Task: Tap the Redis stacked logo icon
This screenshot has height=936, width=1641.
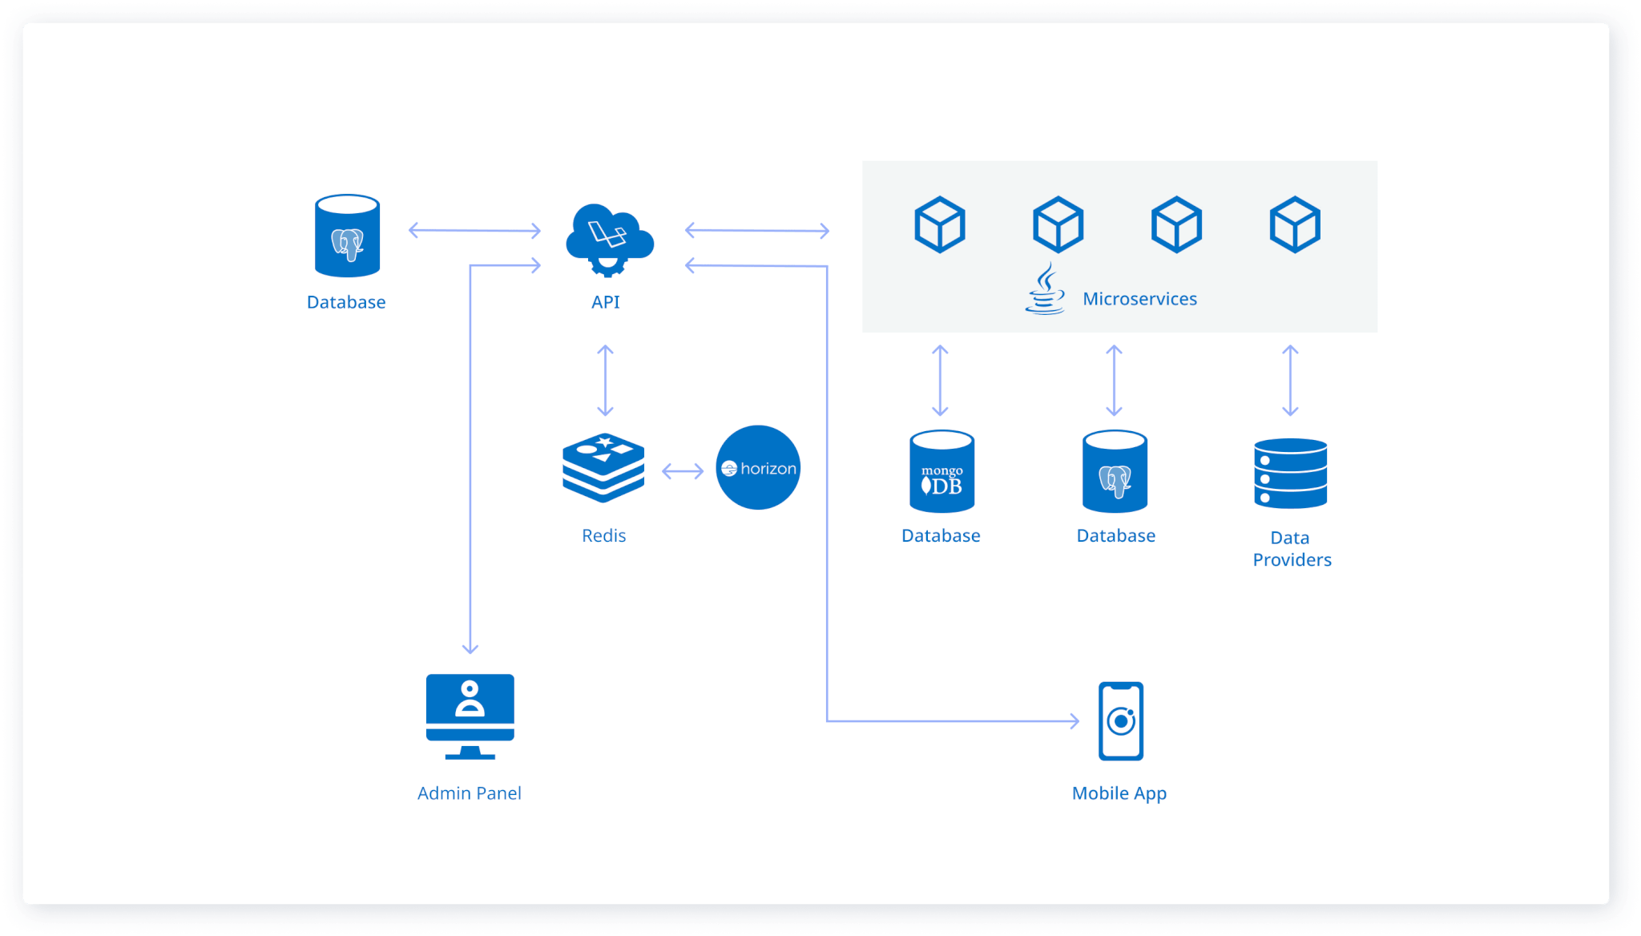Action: coord(603,468)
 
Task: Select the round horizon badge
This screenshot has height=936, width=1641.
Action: coord(758,468)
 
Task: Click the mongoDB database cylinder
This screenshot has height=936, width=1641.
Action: coord(941,472)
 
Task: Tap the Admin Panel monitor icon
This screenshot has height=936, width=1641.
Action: coord(470,716)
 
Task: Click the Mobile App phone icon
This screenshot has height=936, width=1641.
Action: coord(1120,720)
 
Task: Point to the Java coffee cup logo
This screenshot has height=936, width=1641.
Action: coord(1045,290)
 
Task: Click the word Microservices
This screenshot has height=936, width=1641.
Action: coord(1139,299)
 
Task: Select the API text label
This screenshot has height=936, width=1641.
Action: coord(605,302)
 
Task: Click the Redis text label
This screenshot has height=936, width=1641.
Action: coord(603,535)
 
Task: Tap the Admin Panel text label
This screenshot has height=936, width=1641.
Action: coord(469,793)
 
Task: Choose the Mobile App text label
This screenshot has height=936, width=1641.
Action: coord(1119,793)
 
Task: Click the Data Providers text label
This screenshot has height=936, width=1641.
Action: coord(1292,549)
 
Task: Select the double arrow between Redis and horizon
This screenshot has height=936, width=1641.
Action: coord(682,471)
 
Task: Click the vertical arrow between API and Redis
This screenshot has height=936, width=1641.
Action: coord(605,381)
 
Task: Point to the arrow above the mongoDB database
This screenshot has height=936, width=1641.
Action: coord(940,381)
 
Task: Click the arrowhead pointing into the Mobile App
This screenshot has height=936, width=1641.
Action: coord(1075,720)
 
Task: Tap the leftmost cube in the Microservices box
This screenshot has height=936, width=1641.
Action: coord(939,224)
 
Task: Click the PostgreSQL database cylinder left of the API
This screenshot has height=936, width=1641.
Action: coord(347,236)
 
